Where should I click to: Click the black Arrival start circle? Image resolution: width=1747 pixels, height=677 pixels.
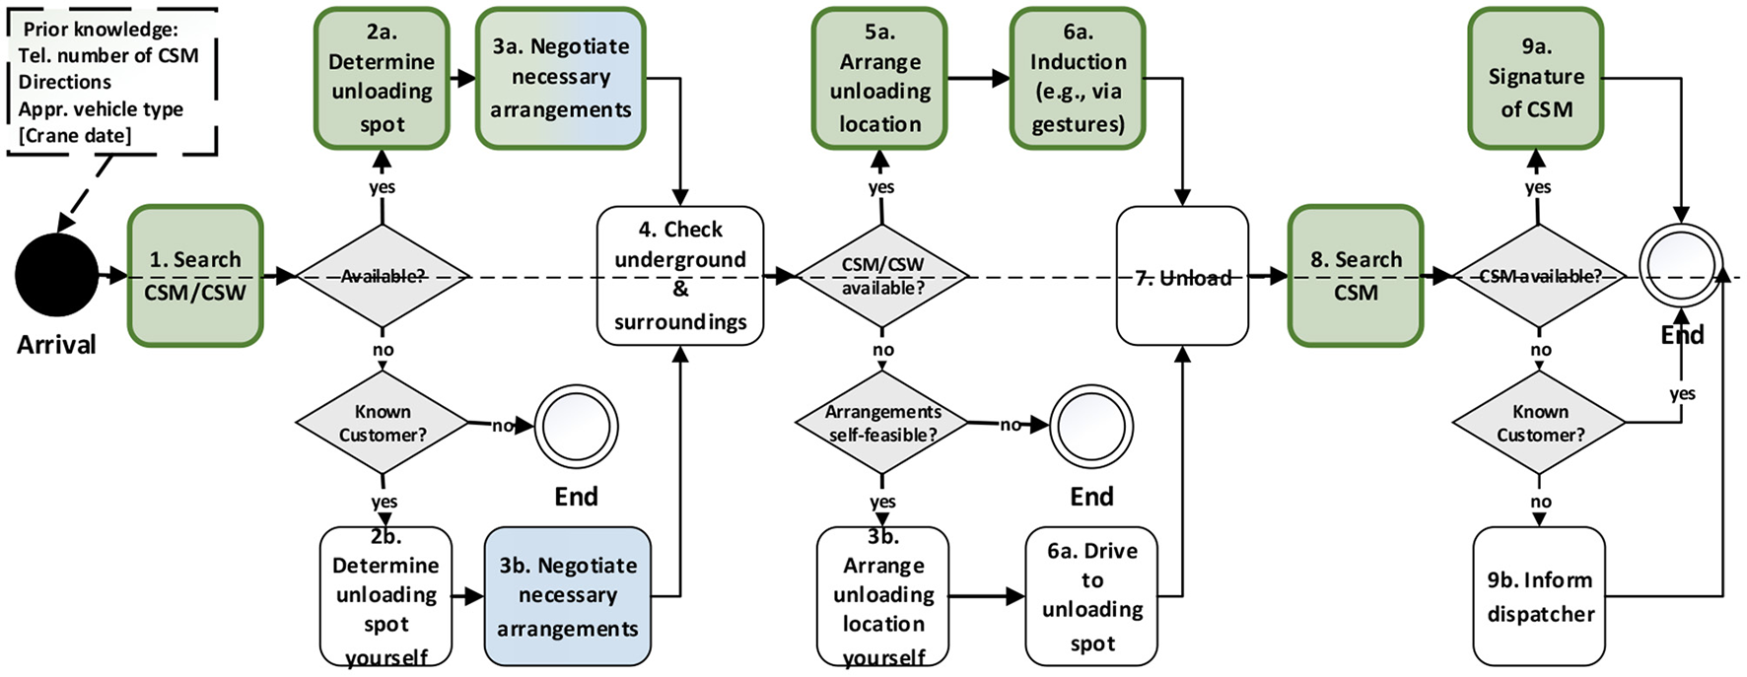tap(56, 275)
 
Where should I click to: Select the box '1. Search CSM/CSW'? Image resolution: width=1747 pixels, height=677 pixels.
tap(195, 276)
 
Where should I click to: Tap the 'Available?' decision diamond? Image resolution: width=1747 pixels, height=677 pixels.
tap(383, 276)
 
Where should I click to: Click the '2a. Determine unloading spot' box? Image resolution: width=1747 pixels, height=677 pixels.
tap(383, 79)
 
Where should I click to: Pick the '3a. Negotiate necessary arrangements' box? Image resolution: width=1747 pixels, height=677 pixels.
tap(560, 79)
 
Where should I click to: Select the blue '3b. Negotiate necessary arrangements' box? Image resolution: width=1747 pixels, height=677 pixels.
tap(567, 596)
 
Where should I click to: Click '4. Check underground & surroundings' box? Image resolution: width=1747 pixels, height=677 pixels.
tap(680, 276)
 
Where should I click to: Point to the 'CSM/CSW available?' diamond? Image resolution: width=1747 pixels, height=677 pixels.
tap(882, 276)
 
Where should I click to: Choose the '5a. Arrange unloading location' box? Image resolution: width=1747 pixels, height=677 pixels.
tap(879, 79)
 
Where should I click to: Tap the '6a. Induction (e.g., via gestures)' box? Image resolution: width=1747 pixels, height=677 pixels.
tap(1078, 79)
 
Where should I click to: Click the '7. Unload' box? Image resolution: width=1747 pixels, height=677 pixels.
tap(1182, 276)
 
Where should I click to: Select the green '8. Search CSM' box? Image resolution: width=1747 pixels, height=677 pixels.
tap(1356, 276)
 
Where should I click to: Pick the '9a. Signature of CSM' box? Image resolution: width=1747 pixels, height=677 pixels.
tap(1536, 79)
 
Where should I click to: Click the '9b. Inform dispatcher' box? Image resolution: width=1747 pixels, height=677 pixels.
tap(1540, 596)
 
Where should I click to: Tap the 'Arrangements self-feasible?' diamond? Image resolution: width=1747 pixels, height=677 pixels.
tap(882, 423)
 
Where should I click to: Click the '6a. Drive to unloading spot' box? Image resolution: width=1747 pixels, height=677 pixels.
tap(1091, 596)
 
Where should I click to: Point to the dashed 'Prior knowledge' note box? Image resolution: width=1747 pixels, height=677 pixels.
tap(110, 82)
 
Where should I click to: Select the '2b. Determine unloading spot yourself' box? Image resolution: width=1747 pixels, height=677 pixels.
tap(385, 596)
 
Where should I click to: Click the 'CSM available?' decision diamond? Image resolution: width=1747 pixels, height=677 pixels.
tap(1539, 276)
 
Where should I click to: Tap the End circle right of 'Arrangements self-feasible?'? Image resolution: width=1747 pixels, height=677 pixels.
tap(1091, 427)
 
